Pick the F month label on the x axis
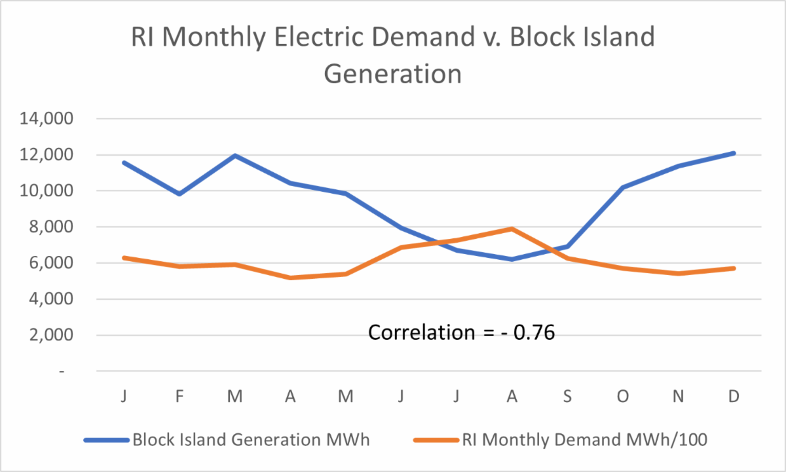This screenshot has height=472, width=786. (x=179, y=397)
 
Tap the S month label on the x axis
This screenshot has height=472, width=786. (x=568, y=397)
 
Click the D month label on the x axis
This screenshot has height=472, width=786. (x=734, y=397)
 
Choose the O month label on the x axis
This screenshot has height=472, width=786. (x=623, y=397)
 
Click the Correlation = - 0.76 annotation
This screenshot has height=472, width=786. (x=461, y=333)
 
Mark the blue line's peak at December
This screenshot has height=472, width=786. (x=734, y=153)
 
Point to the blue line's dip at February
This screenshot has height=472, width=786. (x=179, y=194)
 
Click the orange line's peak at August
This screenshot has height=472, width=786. (x=512, y=229)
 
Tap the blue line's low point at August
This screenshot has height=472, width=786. (x=512, y=259)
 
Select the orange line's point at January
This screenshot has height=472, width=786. (x=124, y=258)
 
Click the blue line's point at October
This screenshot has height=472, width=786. (x=623, y=187)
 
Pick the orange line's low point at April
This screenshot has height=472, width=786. (x=290, y=278)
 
